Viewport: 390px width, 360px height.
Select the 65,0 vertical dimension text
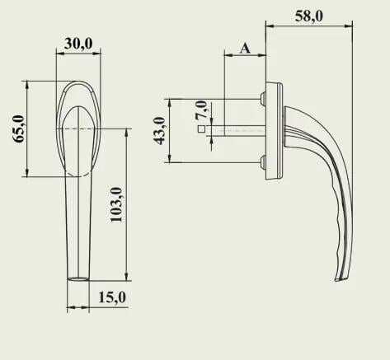click(19, 130)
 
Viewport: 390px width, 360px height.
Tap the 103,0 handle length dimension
click(116, 203)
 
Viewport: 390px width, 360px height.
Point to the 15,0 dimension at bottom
click(111, 297)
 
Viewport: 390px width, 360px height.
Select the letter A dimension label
click(245, 48)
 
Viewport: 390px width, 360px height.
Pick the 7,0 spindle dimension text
click(200, 108)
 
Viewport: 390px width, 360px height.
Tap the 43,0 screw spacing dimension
click(161, 129)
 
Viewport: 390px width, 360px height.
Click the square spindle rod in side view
click(239, 129)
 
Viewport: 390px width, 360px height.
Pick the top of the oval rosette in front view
click(78, 82)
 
